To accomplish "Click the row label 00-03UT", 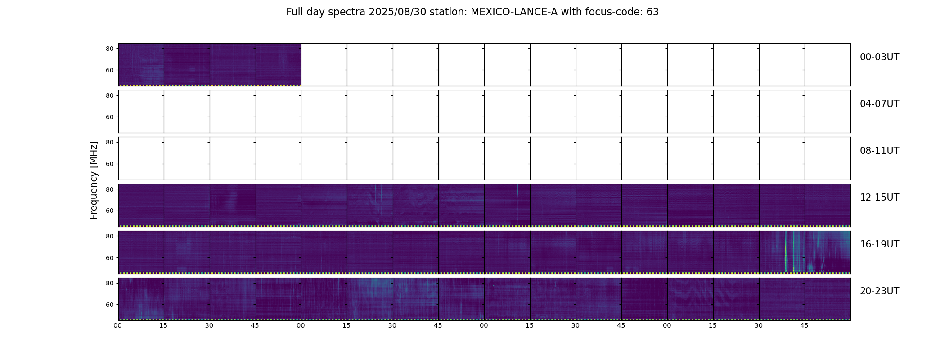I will [879, 57].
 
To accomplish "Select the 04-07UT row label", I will [879, 104].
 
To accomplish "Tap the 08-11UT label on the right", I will [879, 151].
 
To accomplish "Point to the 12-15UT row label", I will [879, 198].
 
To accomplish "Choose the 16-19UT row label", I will [879, 244].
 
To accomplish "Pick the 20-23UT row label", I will [879, 291].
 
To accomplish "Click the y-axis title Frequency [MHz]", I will [94, 180].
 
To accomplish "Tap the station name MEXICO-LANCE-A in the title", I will [514, 12].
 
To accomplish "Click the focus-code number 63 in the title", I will [652, 12].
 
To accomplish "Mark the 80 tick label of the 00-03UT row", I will [110, 49].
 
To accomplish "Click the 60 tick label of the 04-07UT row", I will [110, 117].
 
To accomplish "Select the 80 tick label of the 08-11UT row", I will [110, 142].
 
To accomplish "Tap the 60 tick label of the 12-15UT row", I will [110, 211].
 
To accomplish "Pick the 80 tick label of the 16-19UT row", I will [110, 236].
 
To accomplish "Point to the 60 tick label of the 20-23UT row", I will [110, 305].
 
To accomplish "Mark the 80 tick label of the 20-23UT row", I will [110, 283].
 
